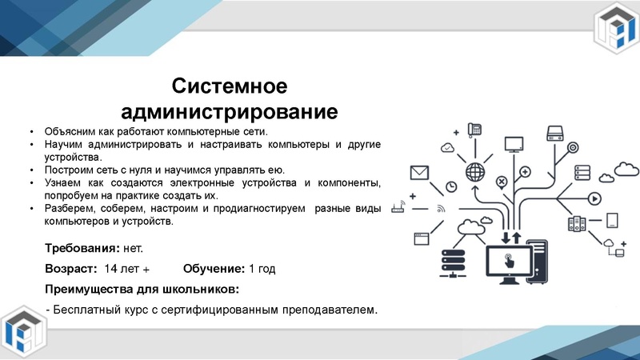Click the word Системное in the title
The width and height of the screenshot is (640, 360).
230,85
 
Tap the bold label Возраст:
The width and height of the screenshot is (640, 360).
71,269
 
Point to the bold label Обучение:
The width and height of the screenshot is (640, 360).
214,269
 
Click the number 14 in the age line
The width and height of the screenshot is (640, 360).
112,269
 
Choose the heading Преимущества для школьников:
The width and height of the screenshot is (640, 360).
142,290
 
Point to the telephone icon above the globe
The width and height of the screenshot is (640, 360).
474,128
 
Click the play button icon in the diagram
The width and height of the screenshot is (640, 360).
594,198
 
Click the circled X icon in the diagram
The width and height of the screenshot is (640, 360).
502,182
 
